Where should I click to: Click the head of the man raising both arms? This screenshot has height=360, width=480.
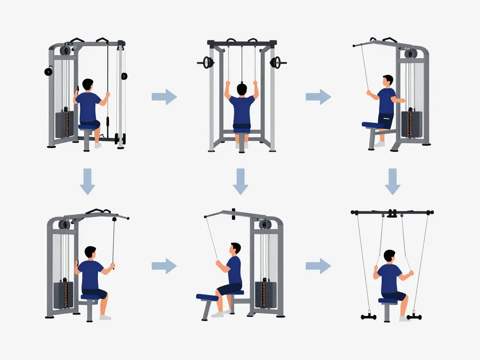pos(242,89)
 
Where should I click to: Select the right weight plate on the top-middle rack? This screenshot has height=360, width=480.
pos(276,62)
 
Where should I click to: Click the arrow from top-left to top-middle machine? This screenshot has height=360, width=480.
pos(164,97)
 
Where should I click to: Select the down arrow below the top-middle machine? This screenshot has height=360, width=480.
pos(240,181)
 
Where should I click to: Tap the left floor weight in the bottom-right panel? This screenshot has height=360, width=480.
pos(368,317)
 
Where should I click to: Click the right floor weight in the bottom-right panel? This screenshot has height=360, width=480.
pos(414,317)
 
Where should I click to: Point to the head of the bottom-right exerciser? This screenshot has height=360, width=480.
pos(390,256)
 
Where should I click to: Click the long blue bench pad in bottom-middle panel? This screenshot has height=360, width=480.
pos(207,297)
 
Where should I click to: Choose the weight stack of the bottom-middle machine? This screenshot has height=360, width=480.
pos(265,294)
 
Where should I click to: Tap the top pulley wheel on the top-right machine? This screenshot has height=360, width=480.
pos(411,54)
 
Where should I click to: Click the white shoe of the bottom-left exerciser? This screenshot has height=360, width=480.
pos(105,317)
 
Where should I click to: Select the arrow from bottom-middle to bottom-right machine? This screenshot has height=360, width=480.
pos(318,266)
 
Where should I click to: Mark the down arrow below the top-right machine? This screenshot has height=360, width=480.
pos(393,181)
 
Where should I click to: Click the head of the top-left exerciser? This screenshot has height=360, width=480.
pos(88,85)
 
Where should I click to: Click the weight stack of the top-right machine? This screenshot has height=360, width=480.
pos(412,124)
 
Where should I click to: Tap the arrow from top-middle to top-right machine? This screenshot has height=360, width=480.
pos(318,97)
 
